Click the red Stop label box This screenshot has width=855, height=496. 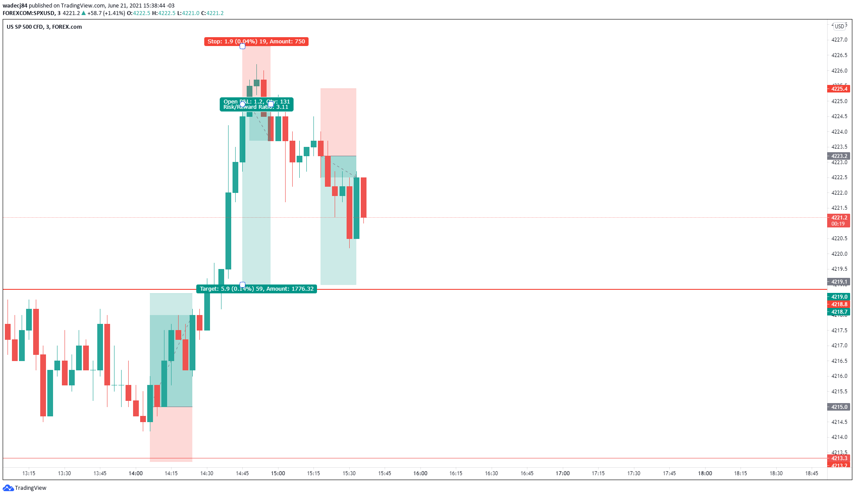click(x=256, y=42)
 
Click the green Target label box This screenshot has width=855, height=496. click(x=256, y=289)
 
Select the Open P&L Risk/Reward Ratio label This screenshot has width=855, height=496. click(x=256, y=104)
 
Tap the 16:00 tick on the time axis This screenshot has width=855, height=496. click(x=420, y=473)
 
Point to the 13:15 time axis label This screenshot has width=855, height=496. click(x=29, y=473)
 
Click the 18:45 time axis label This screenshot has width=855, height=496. click(x=812, y=473)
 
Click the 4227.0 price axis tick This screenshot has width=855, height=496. click(x=839, y=40)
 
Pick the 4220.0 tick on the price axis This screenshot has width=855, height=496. click(x=839, y=254)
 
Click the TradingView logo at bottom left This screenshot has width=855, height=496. click(x=25, y=488)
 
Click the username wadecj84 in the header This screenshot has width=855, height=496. click(x=15, y=6)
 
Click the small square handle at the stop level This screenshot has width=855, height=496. click(x=242, y=46)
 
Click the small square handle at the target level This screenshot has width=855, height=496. click(x=242, y=285)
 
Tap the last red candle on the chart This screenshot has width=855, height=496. click(x=364, y=197)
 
